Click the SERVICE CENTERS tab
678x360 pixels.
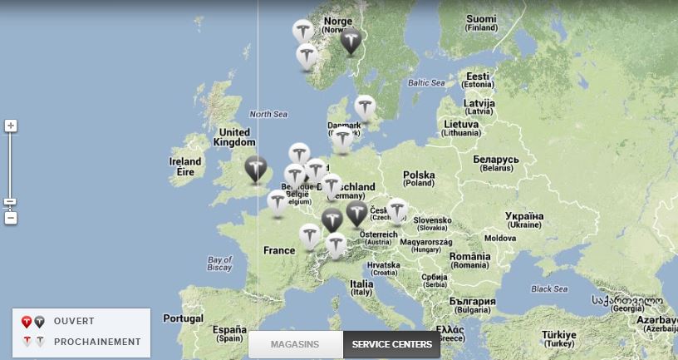(x=391, y=344)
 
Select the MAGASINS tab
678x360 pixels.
(x=295, y=344)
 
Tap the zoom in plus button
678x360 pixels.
(x=11, y=126)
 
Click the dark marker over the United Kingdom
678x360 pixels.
(x=256, y=168)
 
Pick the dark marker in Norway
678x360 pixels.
(x=351, y=40)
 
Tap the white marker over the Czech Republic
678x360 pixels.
(x=397, y=210)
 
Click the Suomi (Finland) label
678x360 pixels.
(x=481, y=22)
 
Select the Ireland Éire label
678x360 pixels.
(x=185, y=166)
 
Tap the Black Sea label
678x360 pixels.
(x=549, y=289)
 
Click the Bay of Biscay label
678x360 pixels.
(x=219, y=264)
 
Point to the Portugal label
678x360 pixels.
(x=183, y=318)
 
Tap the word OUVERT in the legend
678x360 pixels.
(x=74, y=321)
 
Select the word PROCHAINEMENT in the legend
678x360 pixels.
(x=97, y=342)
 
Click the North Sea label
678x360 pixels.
(x=268, y=114)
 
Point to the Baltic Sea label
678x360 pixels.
(x=426, y=83)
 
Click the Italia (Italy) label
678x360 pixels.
(x=361, y=288)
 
